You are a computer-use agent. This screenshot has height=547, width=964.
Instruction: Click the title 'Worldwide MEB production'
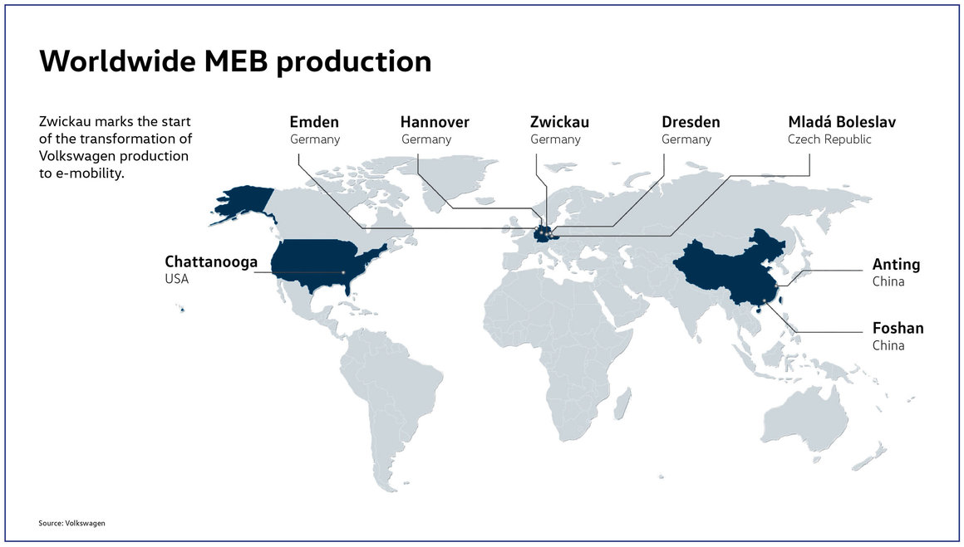tap(235, 61)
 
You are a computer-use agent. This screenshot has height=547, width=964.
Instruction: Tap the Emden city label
tap(314, 123)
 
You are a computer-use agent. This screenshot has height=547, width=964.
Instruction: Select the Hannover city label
tap(435, 123)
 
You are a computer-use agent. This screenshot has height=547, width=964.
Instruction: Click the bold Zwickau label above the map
tap(559, 123)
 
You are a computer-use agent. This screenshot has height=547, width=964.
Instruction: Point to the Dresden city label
tap(691, 123)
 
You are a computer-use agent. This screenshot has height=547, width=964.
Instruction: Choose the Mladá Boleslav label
tap(842, 123)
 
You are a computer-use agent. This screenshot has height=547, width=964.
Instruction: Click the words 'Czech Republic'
tap(829, 139)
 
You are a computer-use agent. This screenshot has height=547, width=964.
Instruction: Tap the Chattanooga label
tap(211, 263)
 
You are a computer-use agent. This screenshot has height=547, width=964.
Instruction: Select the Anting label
tap(896, 265)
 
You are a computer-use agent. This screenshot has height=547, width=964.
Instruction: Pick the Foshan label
tap(898, 328)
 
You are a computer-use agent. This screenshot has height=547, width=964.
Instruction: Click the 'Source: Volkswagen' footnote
tap(71, 523)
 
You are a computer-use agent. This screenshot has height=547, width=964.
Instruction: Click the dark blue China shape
tap(723, 266)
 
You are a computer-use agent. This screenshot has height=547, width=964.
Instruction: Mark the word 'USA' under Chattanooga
tap(177, 280)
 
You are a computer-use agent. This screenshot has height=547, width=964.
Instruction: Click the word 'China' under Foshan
tap(888, 345)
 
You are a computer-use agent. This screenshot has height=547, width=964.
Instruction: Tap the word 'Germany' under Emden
tap(315, 139)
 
